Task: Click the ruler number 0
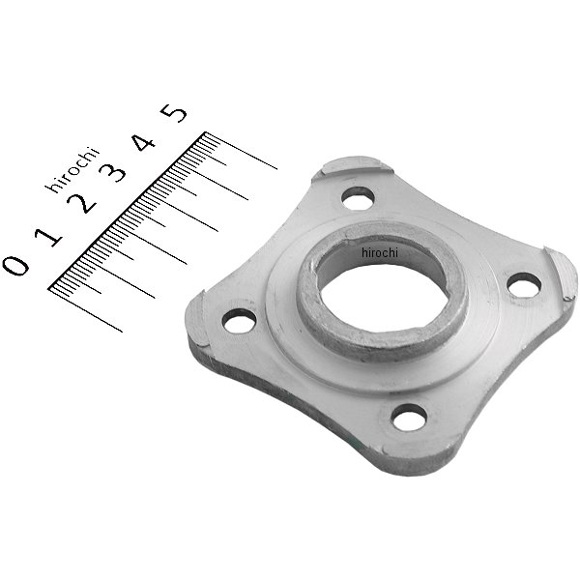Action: pyautogui.click(x=15, y=265)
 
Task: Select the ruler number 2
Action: pyautogui.click(x=82, y=203)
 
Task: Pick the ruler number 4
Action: pyautogui.click(x=144, y=142)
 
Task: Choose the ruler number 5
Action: pyautogui.click(x=175, y=113)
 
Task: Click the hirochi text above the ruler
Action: pyautogui.click(x=72, y=169)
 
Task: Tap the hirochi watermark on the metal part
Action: pyautogui.click(x=380, y=252)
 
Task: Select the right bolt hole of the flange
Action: pyautogui.click(x=523, y=285)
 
